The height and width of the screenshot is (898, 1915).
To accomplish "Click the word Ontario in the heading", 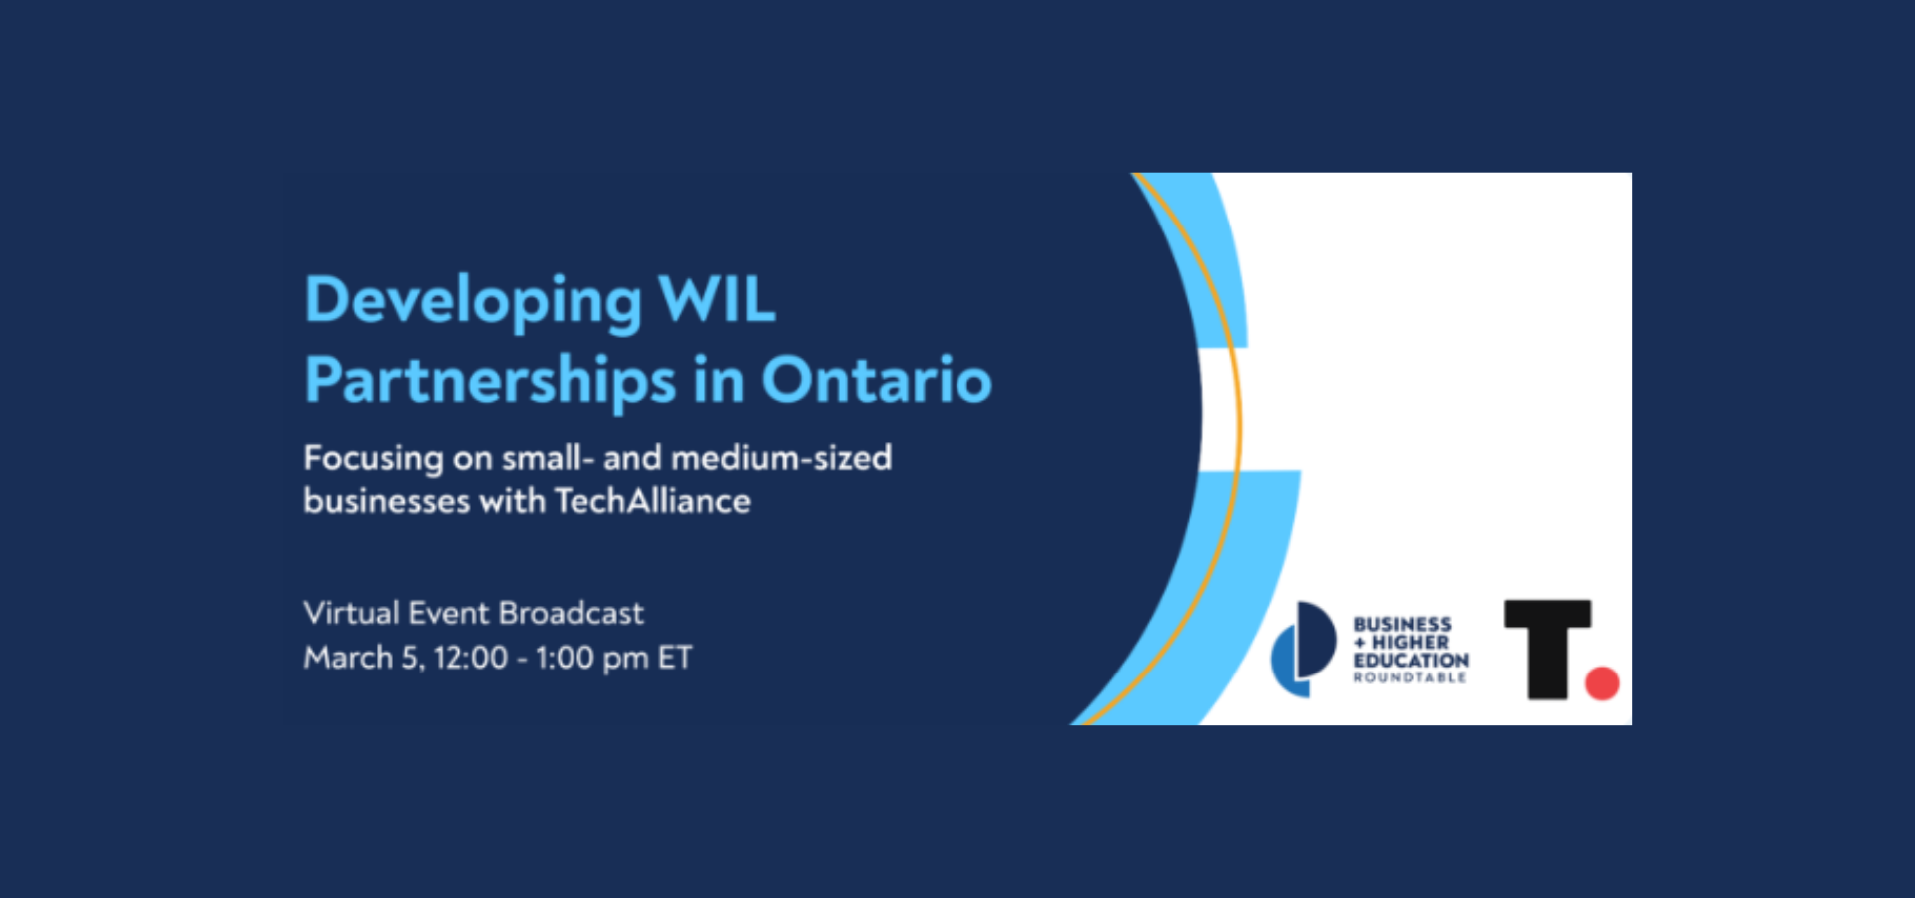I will point(876,380).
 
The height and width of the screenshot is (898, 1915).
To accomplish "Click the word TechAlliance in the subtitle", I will point(652,500).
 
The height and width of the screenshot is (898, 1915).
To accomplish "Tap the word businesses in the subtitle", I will point(386,500).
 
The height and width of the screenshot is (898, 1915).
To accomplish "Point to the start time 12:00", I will point(470,658).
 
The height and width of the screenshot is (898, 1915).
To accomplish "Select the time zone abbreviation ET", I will point(675,658).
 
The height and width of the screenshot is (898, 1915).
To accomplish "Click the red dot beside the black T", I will point(1602,683).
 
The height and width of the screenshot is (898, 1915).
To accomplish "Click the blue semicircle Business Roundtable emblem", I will point(1303,649).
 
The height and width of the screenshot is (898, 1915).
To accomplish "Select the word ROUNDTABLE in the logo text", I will point(1410,678).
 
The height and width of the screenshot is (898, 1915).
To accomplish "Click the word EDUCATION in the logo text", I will point(1411,661).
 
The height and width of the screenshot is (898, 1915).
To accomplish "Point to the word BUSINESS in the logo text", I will point(1402,624).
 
